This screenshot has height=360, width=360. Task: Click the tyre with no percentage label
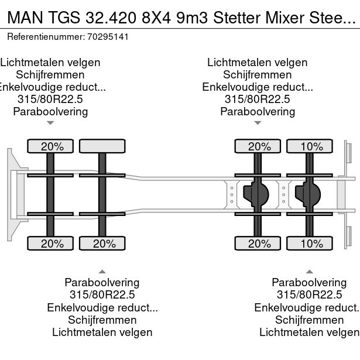click(x=102, y=146)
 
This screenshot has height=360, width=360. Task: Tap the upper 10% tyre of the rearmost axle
click(x=311, y=146)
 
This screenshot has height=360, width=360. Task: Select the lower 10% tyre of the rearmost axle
click(x=311, y=244)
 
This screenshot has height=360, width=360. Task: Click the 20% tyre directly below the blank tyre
click(x=102, y=244)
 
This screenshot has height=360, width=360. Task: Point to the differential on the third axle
click(x=255, y=193)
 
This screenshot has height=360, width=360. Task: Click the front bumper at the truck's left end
click(x=11, y=193)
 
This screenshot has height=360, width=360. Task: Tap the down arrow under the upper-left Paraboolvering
click(x=50, y=123)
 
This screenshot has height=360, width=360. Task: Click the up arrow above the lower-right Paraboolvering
click(x=309, y=271)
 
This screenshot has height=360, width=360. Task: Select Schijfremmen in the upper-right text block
click(x=258, y=75)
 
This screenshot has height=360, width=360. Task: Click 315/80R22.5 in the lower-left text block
click(x=102, y=295)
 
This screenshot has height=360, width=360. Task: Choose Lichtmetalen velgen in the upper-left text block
click(x=50, y=62)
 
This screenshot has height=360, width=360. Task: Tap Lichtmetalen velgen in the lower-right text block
click(x=309, y=332)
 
